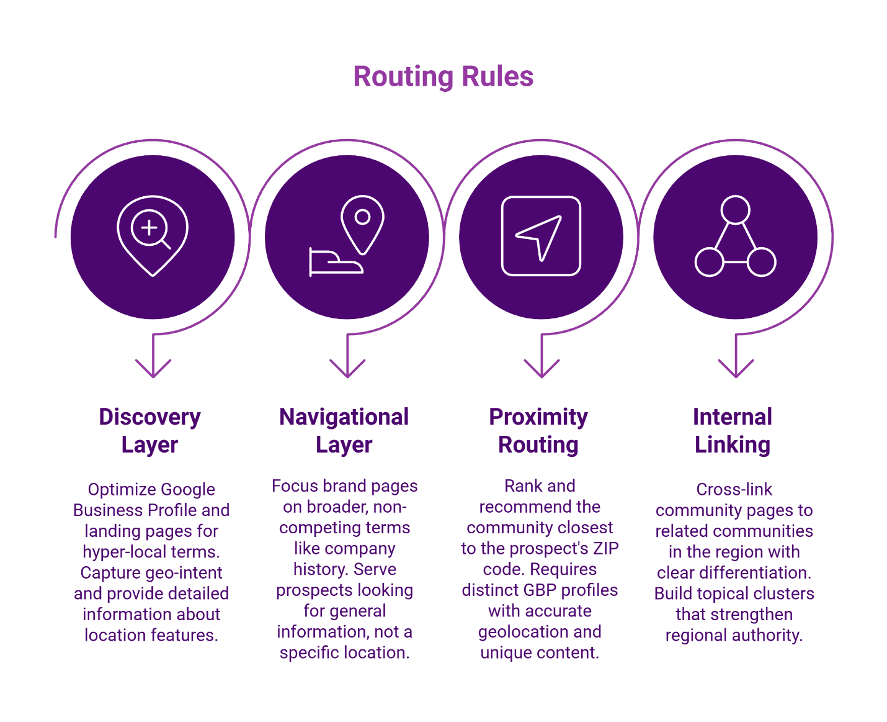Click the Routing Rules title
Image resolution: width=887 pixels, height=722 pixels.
point(443,77)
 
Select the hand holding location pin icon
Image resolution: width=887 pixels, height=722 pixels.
point(347,236)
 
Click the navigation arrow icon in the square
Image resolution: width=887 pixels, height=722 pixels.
point(540,236)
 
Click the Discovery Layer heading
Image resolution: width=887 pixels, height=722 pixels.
point(150,430)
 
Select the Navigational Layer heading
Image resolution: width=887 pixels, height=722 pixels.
point(344,430)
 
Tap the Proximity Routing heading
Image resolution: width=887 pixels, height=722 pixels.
point(538,430)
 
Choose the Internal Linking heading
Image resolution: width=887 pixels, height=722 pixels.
point(733,430)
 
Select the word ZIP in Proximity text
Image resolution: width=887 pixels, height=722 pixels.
point(605,548)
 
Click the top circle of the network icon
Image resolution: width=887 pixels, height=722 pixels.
point(735,210)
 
